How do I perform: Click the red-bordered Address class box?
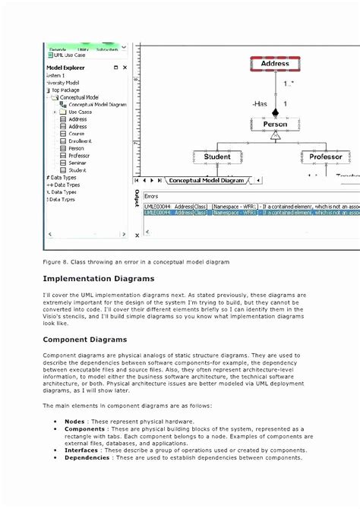pos(275,65)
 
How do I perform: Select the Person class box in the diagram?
pos(275,124)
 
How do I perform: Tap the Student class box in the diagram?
pos(217,157)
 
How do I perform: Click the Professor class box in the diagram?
pos(325,157)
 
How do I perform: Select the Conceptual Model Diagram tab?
pos(207,181)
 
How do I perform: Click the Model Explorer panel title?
pos(68,67)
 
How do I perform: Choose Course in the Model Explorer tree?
pos(77,134)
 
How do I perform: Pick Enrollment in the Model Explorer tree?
pos(80,141)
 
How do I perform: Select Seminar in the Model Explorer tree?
pos(77,163)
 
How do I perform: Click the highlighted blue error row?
pos(243,213)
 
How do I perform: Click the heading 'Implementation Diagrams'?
pos(99,280)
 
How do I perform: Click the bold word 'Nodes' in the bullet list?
pos(74,421)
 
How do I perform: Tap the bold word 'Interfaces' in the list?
pos(81,451)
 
